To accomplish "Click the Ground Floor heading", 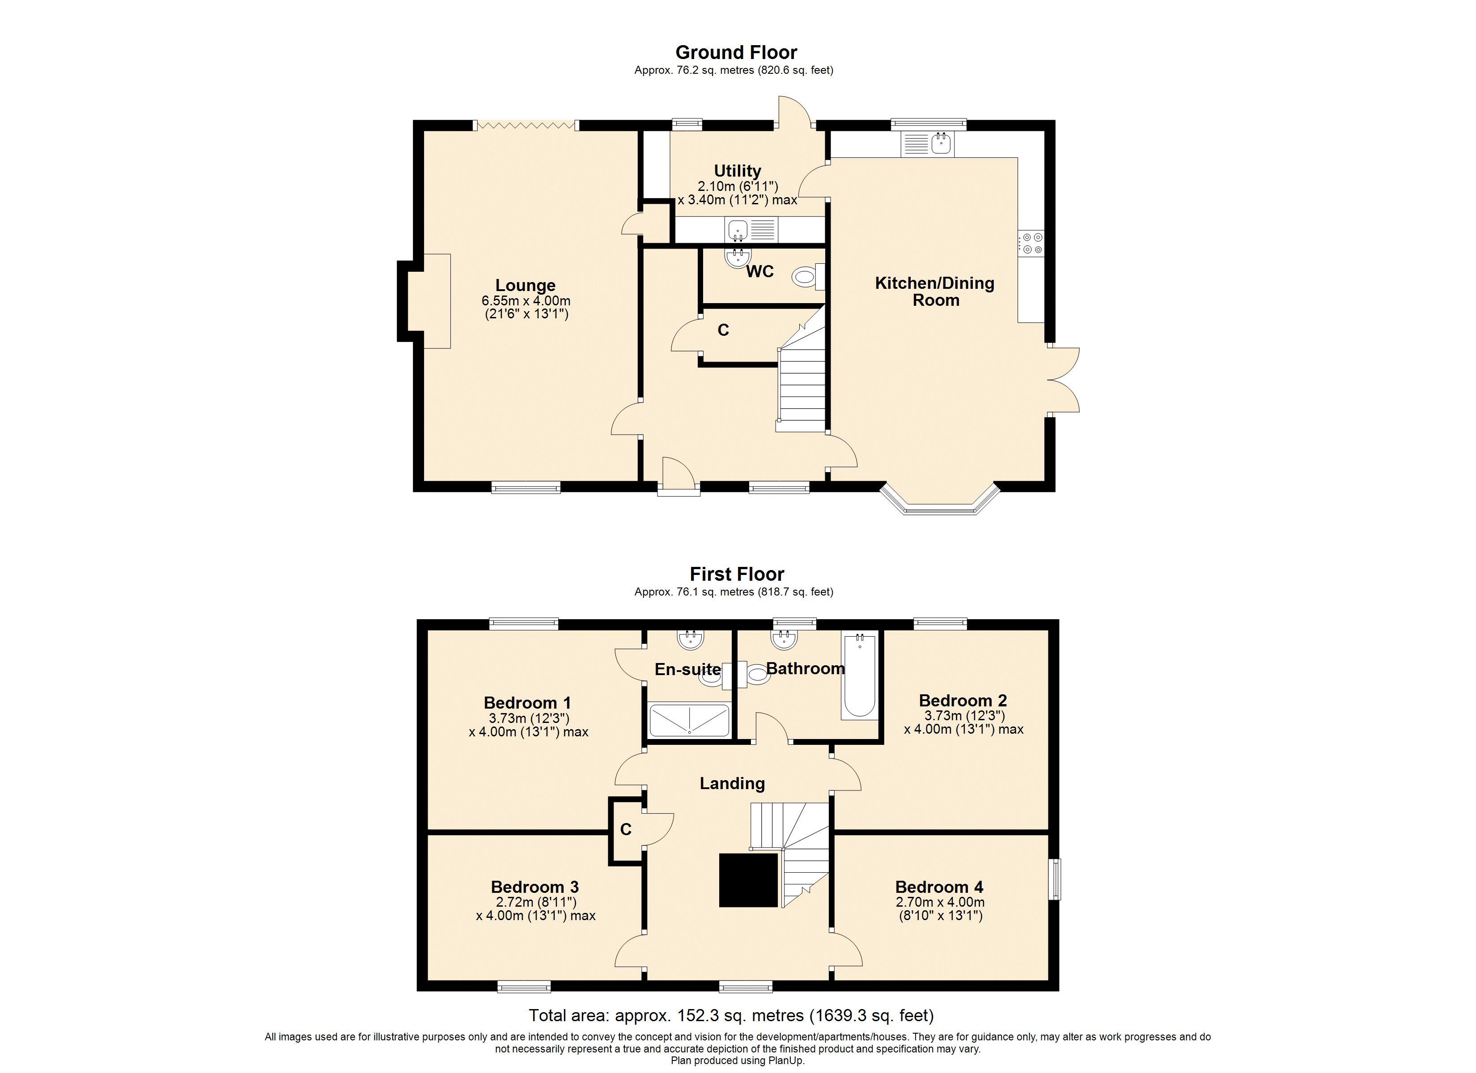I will [736, 52].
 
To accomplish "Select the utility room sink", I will [738, 230].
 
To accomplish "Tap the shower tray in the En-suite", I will [689, 720].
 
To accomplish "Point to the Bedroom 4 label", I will [938, 887].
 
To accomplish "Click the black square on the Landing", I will [748, 880].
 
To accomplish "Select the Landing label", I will [732, 783].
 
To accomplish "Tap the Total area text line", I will [731, 1015].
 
